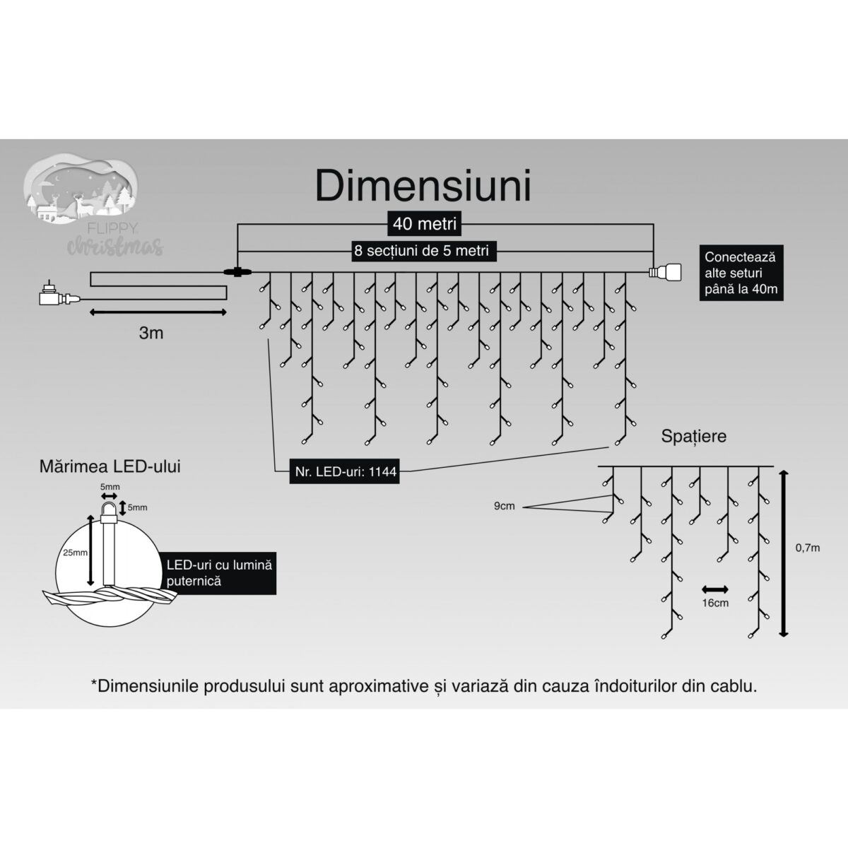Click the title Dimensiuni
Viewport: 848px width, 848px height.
pos(423,186)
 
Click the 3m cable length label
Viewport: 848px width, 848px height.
pos(151,333)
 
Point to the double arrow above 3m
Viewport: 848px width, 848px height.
pos(158,311)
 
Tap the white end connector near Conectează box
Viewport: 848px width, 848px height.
pos(665,272)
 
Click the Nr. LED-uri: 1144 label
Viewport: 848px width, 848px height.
pos(343,473)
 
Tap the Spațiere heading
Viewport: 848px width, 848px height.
pos(693,436)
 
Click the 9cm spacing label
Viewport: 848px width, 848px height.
pos(505,506)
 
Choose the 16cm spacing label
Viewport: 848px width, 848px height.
pos(715,603)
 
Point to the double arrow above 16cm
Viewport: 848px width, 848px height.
pos(714,589)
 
